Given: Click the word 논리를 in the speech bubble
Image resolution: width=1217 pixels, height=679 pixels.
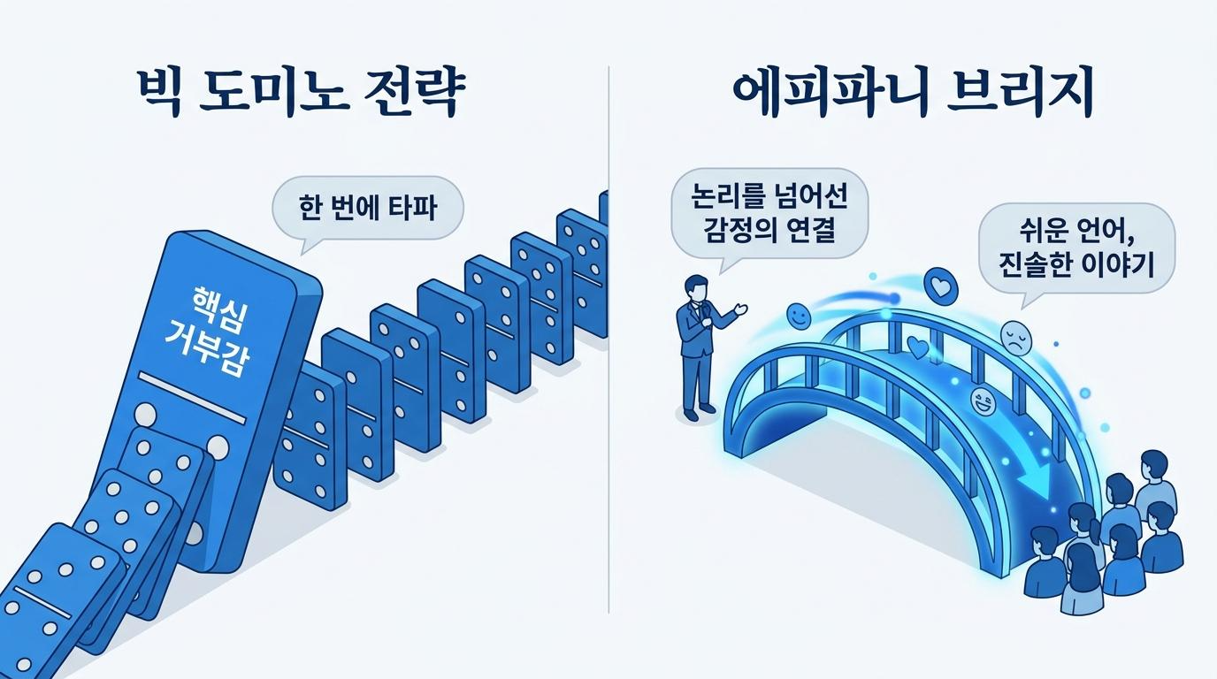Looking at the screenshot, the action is (x=728, y=196).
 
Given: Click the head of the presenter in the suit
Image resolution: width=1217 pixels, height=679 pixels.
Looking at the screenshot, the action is (x=696, y=286).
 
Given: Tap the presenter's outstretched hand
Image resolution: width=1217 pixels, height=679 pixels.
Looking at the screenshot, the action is (x=740, y=309).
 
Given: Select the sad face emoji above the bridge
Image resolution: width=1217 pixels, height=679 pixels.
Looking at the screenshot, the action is (x=1015, y=339).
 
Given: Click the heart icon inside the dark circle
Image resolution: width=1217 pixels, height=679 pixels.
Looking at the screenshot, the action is (x=940, y=286).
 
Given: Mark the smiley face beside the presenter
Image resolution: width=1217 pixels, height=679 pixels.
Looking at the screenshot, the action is (x=798, y=317).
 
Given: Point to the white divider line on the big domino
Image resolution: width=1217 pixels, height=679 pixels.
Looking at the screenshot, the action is (x=192, y=398).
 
